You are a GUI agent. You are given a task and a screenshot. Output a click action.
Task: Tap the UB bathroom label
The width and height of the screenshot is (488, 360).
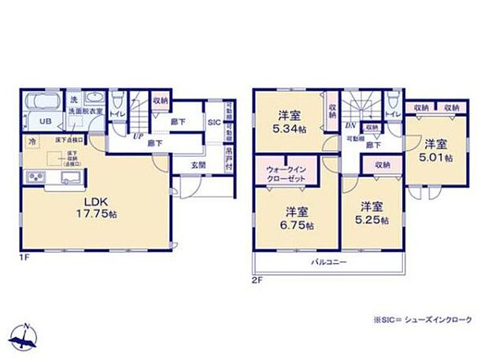46,121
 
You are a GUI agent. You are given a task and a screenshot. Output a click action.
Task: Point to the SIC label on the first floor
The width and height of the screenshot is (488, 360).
213,122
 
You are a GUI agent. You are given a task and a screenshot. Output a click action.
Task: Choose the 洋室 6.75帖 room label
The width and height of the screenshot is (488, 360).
296,217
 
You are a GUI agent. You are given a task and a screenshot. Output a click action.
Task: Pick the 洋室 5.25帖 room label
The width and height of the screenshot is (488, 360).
372,213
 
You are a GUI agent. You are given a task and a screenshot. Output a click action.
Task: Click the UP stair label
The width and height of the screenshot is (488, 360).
139,135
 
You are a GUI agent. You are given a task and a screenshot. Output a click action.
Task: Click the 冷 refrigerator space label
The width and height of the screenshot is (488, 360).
32,142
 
